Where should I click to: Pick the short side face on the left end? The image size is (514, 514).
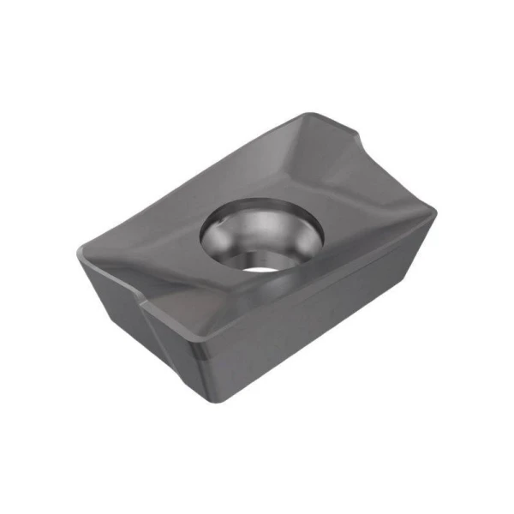[x=120, y=313]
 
